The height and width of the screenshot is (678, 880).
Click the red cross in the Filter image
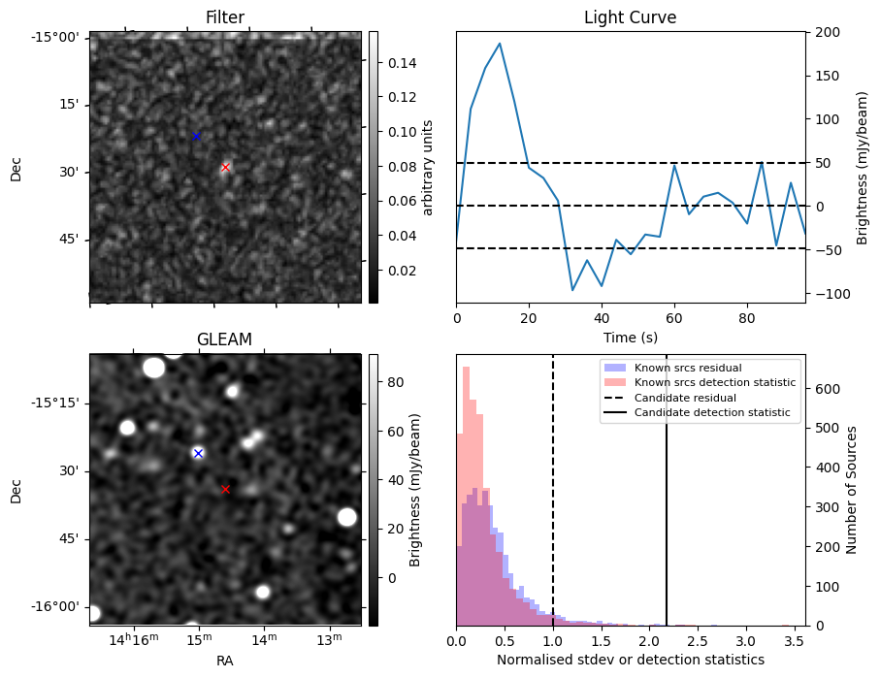pyautogui.click(x=225, y=167)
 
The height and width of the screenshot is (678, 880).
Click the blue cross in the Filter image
pyautogui.click(x=196, y=136)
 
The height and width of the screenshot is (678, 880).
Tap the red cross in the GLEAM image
pyautogui.click(x=225, y=489)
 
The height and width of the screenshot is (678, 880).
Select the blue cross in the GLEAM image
pyautogui.click(x=198, y=453)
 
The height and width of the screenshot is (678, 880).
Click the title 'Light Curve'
pyautogui.click(x=630, y=17)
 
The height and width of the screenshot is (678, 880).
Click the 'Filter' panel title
pyautogui.click(x=225, y=17)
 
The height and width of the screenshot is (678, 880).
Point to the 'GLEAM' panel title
pyautogui.click(x=225, y=339)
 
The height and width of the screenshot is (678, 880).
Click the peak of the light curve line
pyautogui.click(x=500, y=44)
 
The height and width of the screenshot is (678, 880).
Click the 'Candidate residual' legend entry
pyautogui.click(x=684, y=398)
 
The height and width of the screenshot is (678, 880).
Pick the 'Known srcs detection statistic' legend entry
pyautogui.click(x=714, y=382)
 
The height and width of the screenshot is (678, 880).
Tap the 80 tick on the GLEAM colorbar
pyautogui.click(x=396, y=382)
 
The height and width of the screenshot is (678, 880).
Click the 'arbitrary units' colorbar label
pyautogui.click(x=428, y=167)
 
